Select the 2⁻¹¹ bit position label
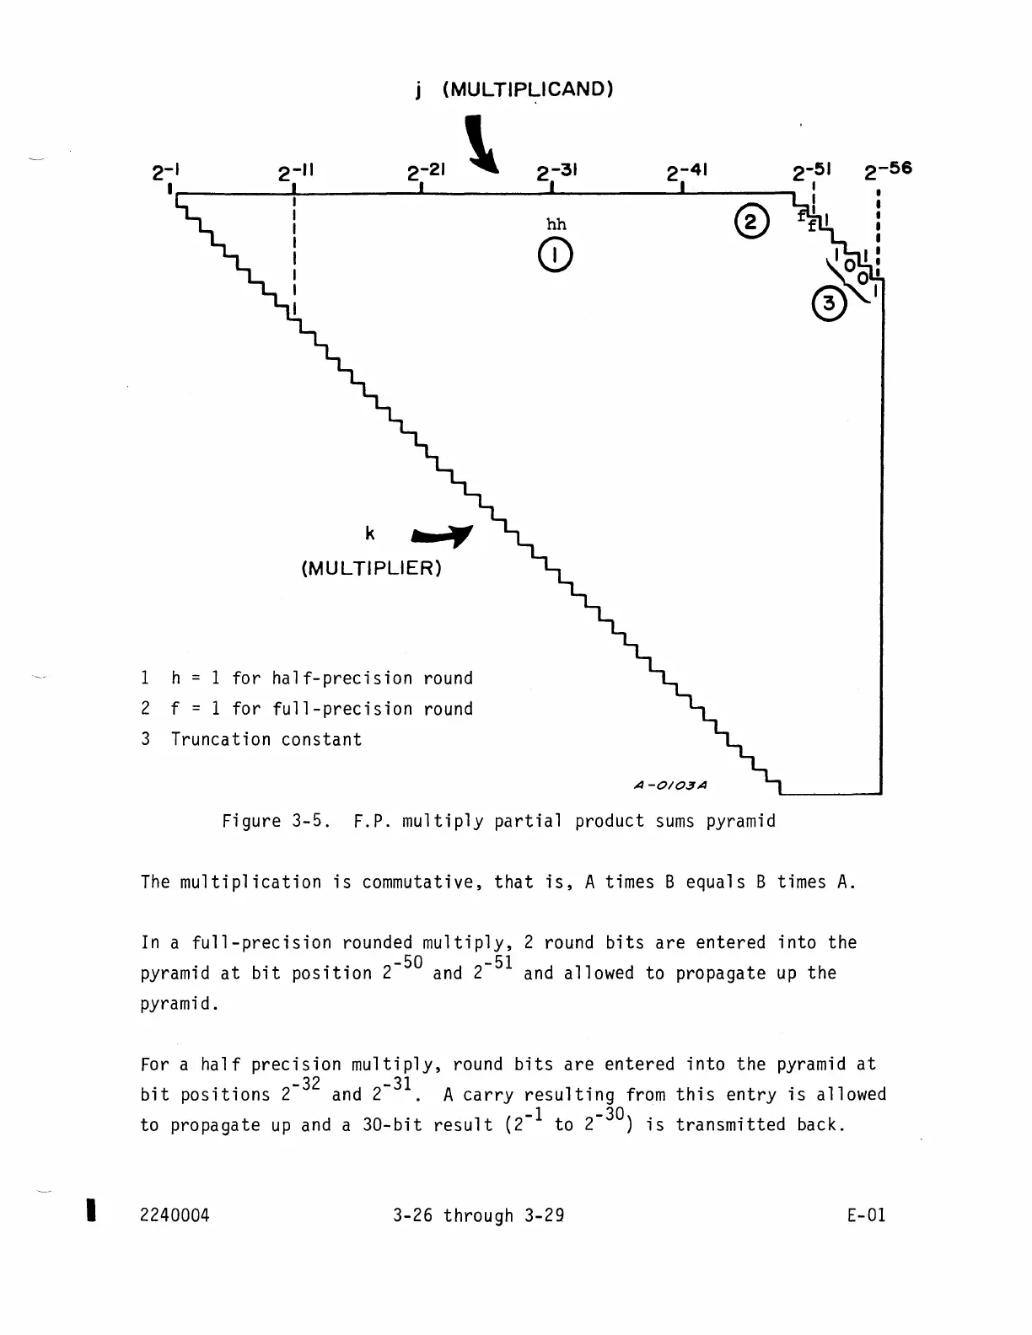pos(296,174)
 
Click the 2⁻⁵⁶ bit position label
pos(888,170)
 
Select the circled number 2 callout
pos(751,222)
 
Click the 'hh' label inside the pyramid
pos(556,224)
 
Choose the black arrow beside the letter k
pos(442,537)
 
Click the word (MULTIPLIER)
pos(371,568)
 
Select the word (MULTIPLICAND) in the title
pos(527,89)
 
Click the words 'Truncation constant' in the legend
pos(266,739)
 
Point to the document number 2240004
pos(175,1214)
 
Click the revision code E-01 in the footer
pos(867,1214)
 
